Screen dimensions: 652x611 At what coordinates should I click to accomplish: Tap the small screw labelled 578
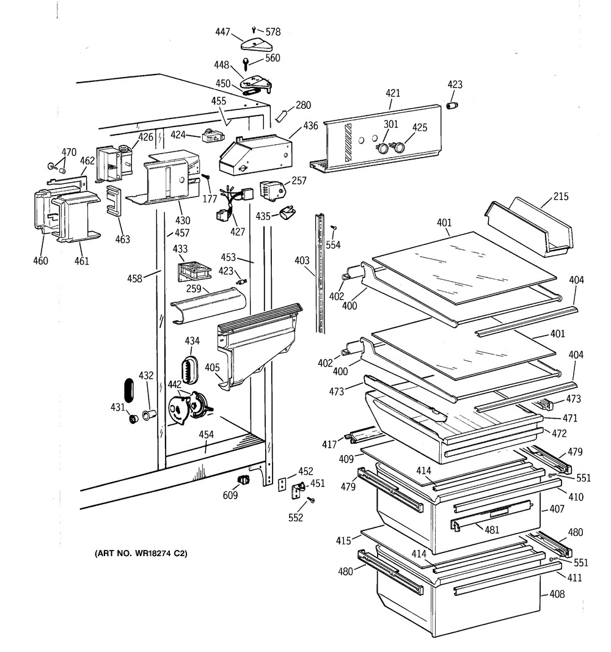(255, 29)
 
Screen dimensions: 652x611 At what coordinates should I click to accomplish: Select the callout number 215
(561, 197)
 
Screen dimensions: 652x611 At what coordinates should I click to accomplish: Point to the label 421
(392, 93)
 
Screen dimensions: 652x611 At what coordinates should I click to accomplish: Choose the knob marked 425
(401, 147)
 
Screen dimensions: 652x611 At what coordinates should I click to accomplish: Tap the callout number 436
(310, 126)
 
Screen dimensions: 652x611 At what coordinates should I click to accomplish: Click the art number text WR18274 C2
(141, 554)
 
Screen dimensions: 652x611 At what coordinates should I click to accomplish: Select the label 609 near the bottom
(230, 495)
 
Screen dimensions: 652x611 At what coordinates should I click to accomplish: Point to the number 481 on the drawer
(492, 530)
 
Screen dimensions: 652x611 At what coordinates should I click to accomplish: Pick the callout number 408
(556, 594)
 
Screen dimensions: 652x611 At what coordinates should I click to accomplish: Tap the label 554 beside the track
(333, 245)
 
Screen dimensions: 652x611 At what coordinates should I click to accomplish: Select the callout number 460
(40, 261)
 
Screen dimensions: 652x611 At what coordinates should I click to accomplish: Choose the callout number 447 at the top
(224, 31)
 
